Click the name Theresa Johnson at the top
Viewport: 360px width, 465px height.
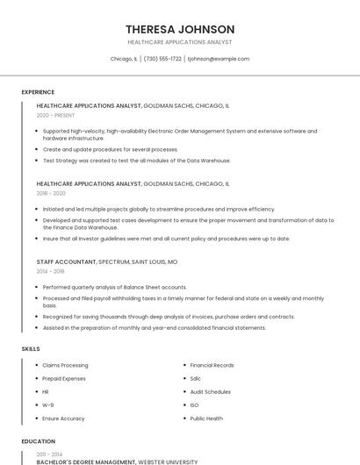pos(180,29)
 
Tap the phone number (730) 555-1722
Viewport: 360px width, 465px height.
pos(162,59)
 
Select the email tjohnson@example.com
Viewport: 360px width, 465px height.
pos(219,59)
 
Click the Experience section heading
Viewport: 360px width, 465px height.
pos(38,92)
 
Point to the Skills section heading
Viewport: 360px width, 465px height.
pos(31,349)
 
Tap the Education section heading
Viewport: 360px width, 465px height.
pos(39,441)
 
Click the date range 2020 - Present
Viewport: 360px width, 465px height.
pos(55,115)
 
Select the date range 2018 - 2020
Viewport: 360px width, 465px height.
pos(51,193)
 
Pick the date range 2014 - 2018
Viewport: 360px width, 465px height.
pos(50,271)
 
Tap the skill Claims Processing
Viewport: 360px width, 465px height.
pos(65,365)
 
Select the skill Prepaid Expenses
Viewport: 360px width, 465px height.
pos(64,378)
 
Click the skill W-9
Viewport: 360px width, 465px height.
pos(47,405)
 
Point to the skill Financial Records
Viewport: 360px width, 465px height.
pos(212,365)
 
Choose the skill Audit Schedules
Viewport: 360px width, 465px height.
pos(210,392)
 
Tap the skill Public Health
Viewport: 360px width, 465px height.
pos(206,418)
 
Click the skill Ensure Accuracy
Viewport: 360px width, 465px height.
pos(63,418)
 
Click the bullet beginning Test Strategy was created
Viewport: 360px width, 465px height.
pos(136,161)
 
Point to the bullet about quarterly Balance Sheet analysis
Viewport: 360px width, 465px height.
pos(114,287)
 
